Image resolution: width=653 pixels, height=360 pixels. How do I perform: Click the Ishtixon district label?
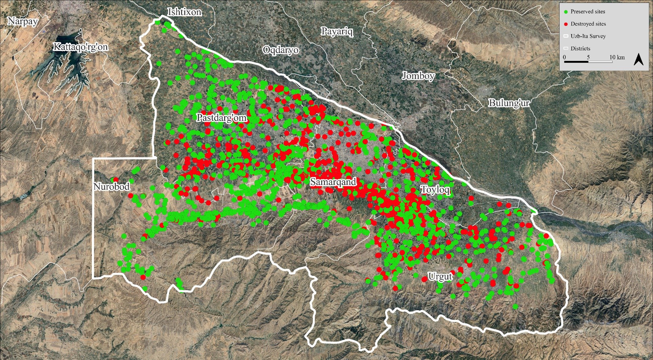[x=184, y=12]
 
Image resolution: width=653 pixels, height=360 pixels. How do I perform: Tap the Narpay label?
[x=23, y=21]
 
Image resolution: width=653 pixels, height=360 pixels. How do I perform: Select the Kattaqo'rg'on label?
[x=80, y=47]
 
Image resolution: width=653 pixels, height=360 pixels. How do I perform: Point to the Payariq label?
[x=337, y=31]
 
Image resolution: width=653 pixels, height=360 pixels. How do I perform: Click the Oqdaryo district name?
[x=281, y=50]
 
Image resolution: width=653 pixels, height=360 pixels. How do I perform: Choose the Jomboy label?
[x=418, y=76]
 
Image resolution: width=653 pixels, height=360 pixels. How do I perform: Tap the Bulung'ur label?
[x=509, y=103]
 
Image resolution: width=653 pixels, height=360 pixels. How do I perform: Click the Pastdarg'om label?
[x=222, y=118]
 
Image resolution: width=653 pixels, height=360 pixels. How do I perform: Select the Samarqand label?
[x=333, y=182]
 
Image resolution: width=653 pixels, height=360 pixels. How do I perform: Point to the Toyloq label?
[x=435, y=189]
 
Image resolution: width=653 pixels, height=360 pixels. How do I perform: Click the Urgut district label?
[x=440, y=276]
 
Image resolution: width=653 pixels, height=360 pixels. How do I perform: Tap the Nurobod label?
[x=112, y=186]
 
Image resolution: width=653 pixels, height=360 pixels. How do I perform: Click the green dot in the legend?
[x=566, y=12]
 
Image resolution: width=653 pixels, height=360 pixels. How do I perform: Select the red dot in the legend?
[x=566, y=24]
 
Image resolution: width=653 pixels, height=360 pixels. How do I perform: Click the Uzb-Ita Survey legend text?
[x=588, y=36]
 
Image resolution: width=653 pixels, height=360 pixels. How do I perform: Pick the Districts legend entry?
[x=580, y=48]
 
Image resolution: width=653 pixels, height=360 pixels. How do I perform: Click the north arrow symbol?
[x=638, y=60]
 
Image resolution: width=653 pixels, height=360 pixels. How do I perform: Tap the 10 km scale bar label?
[x=617, y=57]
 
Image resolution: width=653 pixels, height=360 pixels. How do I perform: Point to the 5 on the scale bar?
[x=588, y=57]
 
